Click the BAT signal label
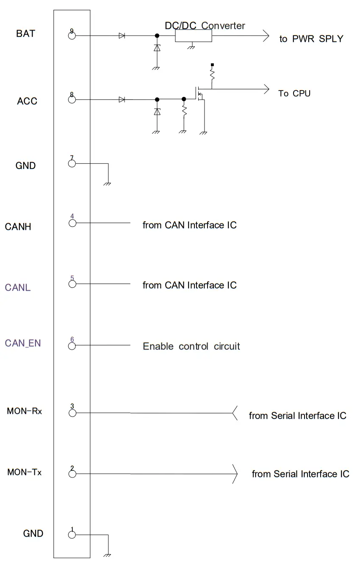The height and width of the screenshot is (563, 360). [x=25, y=33]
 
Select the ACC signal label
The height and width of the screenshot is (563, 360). [x=27, y=101]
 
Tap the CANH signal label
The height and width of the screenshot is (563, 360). [x=18, y=227]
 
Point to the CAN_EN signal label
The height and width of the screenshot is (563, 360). [x=23, y=343]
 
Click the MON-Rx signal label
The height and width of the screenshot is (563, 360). [x=25, y=411]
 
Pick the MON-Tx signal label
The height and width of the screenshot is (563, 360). [x=25, y=472]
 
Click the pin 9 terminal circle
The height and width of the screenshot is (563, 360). [x=72, y=36]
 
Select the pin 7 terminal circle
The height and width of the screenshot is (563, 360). [x=72, y=163]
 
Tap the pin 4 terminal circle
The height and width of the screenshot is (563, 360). [x=72, y=223]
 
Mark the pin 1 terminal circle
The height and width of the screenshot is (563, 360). [x=72, y=535]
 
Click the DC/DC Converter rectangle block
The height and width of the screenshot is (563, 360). [x=194, y=36]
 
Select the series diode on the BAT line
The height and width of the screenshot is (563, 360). [x=122, y=36]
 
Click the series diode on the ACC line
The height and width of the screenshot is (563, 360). [x=122, y=99]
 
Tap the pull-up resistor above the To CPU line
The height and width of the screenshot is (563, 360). [x=212, y=75]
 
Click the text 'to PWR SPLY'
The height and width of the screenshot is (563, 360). [x=311, y=39]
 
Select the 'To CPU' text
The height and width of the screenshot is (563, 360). [x=294, y=93]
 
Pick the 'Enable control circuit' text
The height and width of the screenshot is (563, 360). [x=191, y=346]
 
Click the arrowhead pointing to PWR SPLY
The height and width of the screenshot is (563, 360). [x=266, y=36]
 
